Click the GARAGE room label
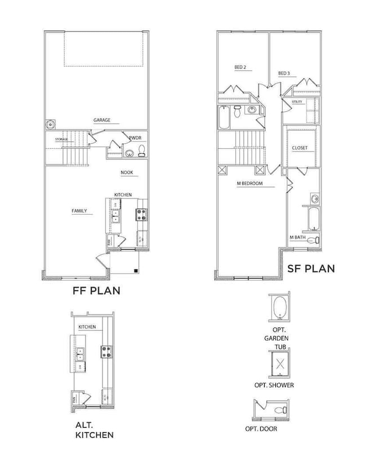(x=102, y=120)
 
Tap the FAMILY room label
(x=79, y=211)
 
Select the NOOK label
(x=127, y=173)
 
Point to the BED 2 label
(x=240, y=68)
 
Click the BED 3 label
(x=284, y=73)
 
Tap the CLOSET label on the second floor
(x=300, y=148)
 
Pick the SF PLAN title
(x=310, y=269)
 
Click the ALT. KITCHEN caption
(x=94, y=430)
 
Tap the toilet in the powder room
(x=142, y=150)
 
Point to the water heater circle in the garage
(x=51, y=124)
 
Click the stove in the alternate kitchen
(x=105, y=352)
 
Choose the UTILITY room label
(x=297, y=102)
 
